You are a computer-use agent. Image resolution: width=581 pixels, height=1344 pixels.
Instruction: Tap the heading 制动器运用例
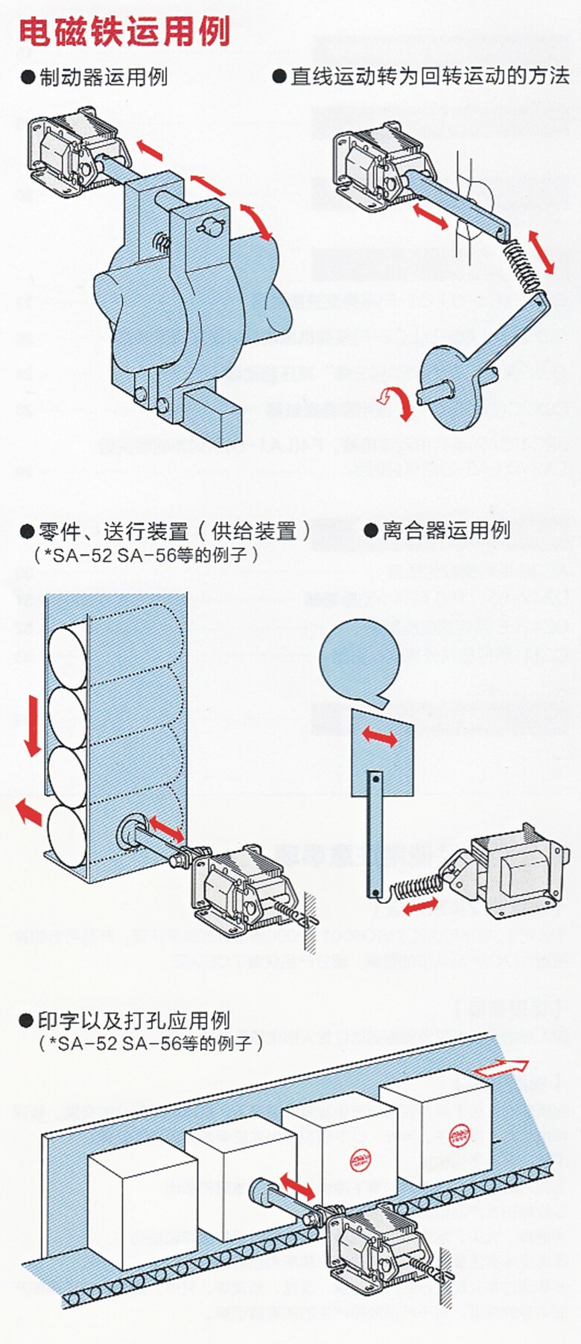tap(103, 77)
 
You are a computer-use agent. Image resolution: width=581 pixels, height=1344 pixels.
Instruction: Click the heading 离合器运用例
tap(445, 530)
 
